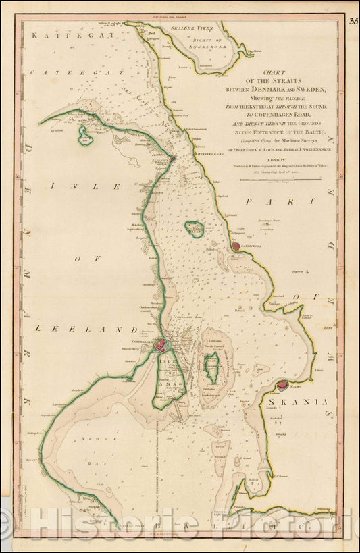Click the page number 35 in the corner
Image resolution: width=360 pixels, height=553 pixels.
[353, 22]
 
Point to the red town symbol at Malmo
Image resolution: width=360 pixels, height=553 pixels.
[283, 385]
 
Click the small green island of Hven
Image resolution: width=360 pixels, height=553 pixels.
[195, 230]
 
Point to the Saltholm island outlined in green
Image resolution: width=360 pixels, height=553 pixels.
[211, 367]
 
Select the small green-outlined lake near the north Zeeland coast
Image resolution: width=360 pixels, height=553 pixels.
[85, 138]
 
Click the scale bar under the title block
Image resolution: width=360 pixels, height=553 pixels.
[277, 179]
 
